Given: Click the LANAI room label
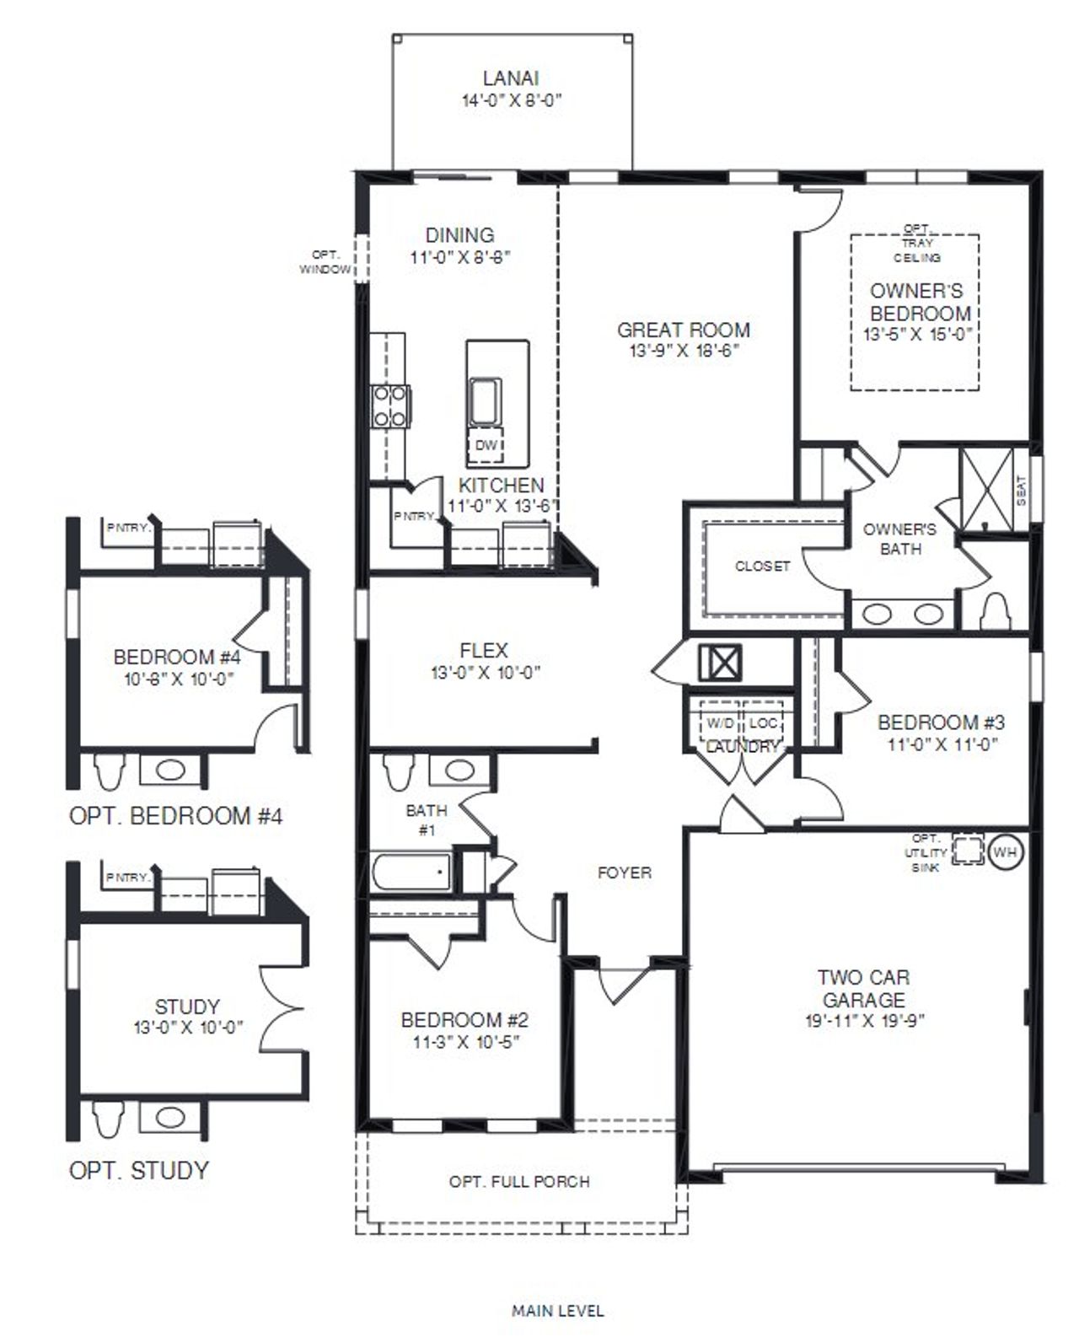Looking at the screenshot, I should click(511, 79).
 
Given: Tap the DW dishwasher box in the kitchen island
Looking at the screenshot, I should click(486, 445).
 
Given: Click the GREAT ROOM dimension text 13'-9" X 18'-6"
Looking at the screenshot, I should click(683, 352).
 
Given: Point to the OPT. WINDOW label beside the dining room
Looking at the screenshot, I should click(325, 262).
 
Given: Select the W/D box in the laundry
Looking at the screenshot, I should click(720, 723).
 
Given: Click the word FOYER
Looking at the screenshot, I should click(625, 873).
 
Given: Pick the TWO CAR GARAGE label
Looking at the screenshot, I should click(863, 989).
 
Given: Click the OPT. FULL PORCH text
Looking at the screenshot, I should click(519, 1182).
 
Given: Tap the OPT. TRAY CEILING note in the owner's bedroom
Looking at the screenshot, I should click(916, 244).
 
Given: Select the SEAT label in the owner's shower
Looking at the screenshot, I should click(1022, 491).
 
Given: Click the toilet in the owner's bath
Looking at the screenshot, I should click(996, 610).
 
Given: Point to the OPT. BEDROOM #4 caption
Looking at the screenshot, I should click(176, 816).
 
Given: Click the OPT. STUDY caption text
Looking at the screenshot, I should click(139, 1170).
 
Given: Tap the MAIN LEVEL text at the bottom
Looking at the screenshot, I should click(557, 1311).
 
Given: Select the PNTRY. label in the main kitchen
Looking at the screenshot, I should click(413, 517).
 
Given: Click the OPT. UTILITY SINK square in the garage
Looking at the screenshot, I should click(968, 850).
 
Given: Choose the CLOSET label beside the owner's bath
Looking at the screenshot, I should click(762, 566).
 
